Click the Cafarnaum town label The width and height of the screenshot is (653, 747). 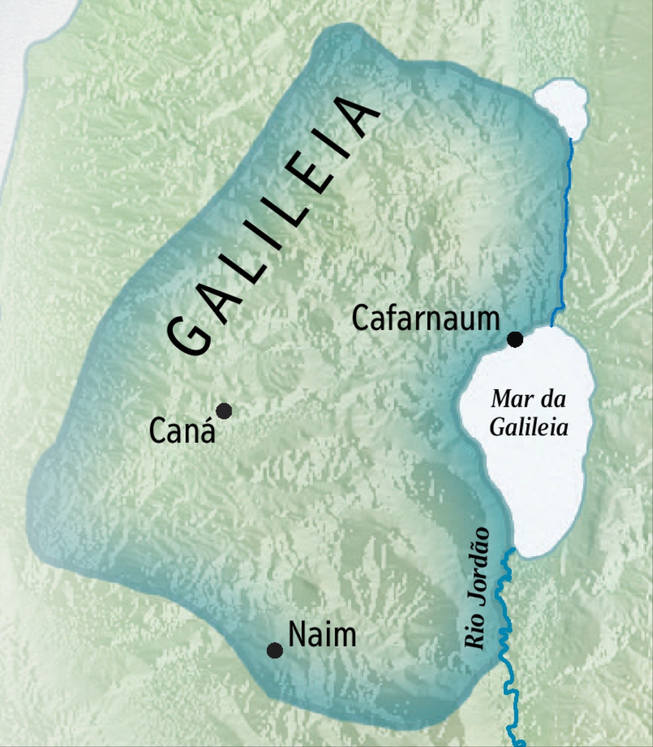[x=426, y=319]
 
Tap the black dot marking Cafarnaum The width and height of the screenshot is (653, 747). [x=515, y=339]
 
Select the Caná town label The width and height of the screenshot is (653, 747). [x=182, y=431]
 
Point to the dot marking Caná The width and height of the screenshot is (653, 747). [x=224, y=411]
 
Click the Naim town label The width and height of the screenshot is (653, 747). [x=322, y=634]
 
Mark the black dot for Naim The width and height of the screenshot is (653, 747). [x=275, y=650]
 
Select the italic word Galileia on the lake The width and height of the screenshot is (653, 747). [x=529, y=427]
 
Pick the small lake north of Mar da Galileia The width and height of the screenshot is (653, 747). [x=562, y=106]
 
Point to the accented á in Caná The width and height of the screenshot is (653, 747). [x=207, y=430]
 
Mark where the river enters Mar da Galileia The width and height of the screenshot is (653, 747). [x=552, y=326]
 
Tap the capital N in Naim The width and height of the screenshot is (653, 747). [x=297, y=634]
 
